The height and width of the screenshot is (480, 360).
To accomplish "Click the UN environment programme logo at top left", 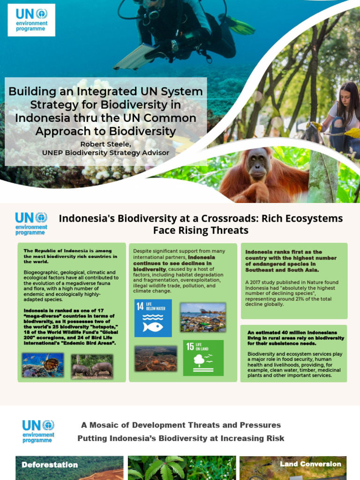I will [31, 20].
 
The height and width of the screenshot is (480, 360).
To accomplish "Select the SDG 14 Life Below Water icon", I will [153, 318].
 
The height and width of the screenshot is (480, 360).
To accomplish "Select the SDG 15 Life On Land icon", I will [203, 358].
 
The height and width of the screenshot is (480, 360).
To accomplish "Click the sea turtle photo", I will [43, 366].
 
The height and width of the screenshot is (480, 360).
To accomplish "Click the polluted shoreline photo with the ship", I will [203, 317].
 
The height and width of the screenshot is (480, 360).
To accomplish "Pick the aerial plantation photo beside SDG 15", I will [156, 359].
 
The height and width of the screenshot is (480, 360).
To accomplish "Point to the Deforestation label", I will [50, 465].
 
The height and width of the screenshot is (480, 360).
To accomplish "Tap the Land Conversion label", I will [310, 464].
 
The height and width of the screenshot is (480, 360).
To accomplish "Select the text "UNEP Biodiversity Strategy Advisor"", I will [105, 152].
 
